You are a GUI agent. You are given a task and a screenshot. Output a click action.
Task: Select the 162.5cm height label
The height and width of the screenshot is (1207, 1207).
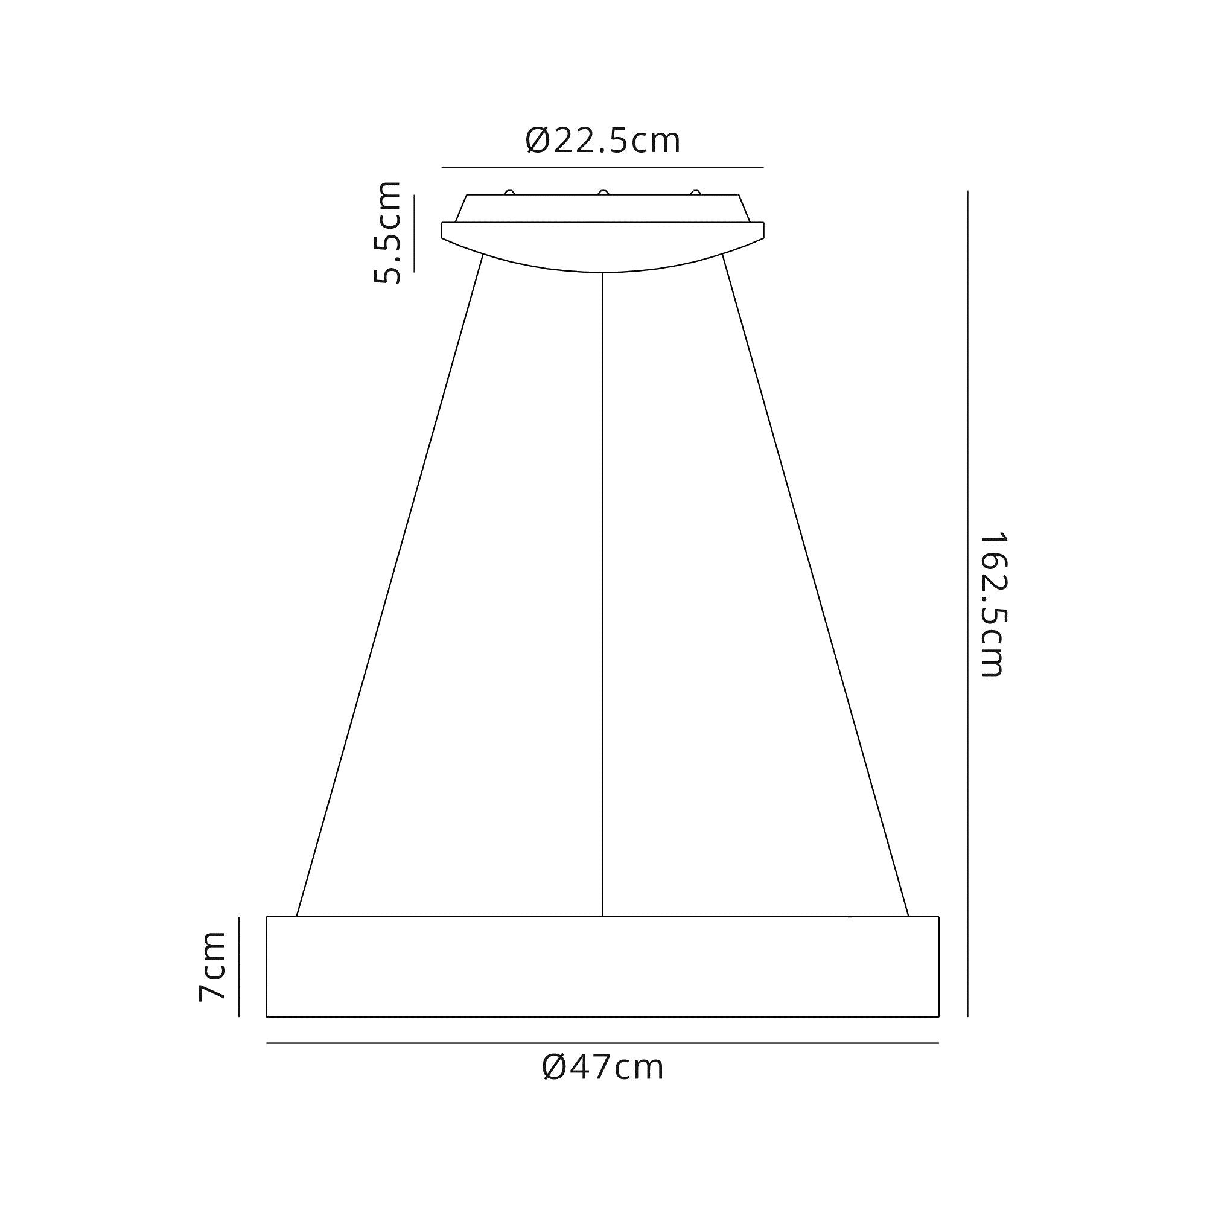[993, 605]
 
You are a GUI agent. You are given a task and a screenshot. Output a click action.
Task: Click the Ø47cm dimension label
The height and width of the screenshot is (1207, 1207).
[603, 1068]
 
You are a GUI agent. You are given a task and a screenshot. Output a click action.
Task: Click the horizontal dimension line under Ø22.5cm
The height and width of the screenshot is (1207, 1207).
[603, 167]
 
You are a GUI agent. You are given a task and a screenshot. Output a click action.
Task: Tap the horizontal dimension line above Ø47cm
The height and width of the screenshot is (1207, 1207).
[603, 1043]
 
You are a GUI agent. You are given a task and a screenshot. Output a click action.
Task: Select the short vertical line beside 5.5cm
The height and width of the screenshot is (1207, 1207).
[413, 232]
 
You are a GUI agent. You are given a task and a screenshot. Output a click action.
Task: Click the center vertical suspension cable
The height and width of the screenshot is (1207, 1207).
[602, 593]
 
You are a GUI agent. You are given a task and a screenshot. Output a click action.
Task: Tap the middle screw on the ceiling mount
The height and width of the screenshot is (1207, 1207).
[603, 193]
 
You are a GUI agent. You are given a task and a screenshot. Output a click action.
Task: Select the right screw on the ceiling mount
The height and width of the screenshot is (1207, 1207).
[695, 193]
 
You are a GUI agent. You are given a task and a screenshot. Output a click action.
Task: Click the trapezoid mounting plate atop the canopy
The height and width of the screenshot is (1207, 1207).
[603, 208]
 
